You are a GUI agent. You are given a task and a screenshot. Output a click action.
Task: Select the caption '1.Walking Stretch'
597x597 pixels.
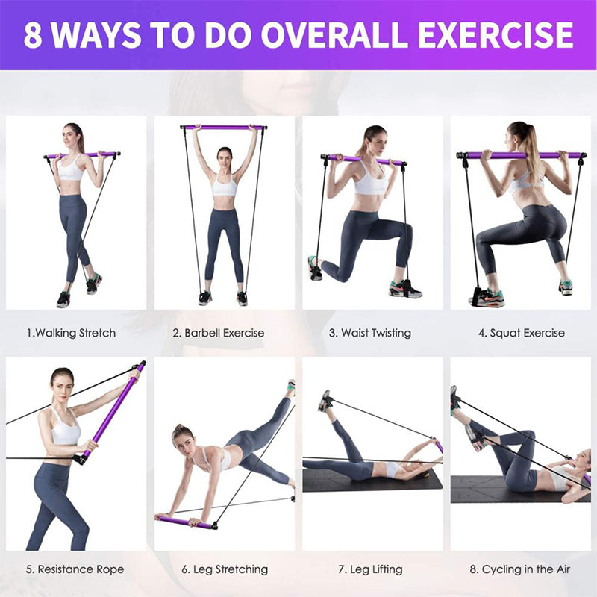click(71, 333)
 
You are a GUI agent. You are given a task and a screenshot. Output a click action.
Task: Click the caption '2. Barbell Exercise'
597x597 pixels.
click(219, 333)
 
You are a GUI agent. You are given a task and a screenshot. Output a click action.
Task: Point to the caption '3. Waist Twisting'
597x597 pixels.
click(370, 333)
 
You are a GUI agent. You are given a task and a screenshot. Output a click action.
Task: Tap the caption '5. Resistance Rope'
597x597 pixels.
click(75, 569)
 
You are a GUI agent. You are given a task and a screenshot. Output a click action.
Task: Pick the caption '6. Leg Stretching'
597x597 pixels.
click(225, 569)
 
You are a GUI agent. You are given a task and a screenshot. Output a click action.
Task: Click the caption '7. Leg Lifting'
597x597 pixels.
click(370, 569)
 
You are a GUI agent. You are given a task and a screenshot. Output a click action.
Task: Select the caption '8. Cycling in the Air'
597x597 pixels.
click(520, 569)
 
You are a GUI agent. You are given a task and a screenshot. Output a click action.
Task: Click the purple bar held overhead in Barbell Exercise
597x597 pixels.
click(224, 128)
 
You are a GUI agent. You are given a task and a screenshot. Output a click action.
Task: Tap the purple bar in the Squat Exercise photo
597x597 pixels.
click(522, 155)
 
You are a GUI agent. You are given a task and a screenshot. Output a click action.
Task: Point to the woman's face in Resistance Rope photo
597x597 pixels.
click(62, 384)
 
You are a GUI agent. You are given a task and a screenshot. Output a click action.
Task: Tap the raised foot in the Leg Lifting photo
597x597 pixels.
click(325, 401)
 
